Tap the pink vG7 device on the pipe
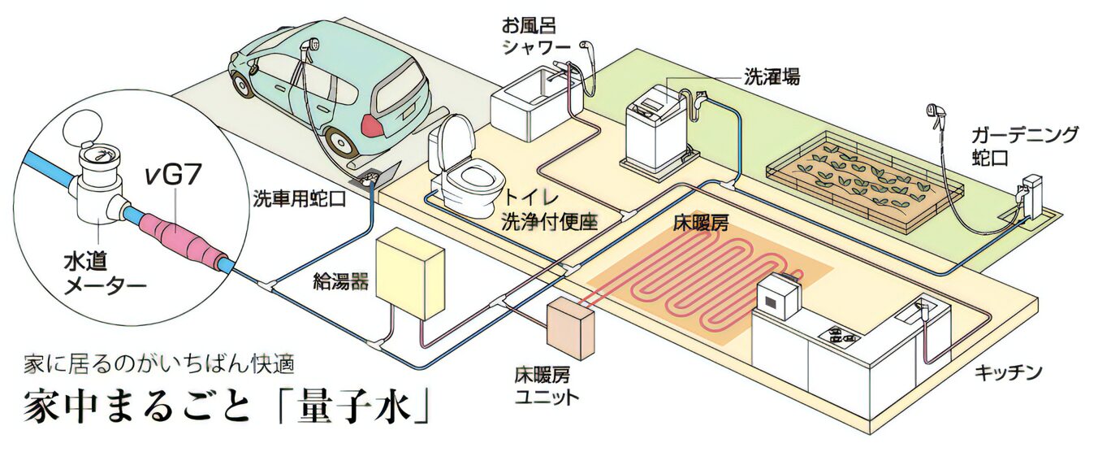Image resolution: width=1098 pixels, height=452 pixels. [x=182, y=236]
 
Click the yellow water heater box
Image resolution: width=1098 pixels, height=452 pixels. [x=413, y=272]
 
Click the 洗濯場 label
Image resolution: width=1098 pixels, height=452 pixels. [x=772, y=76]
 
